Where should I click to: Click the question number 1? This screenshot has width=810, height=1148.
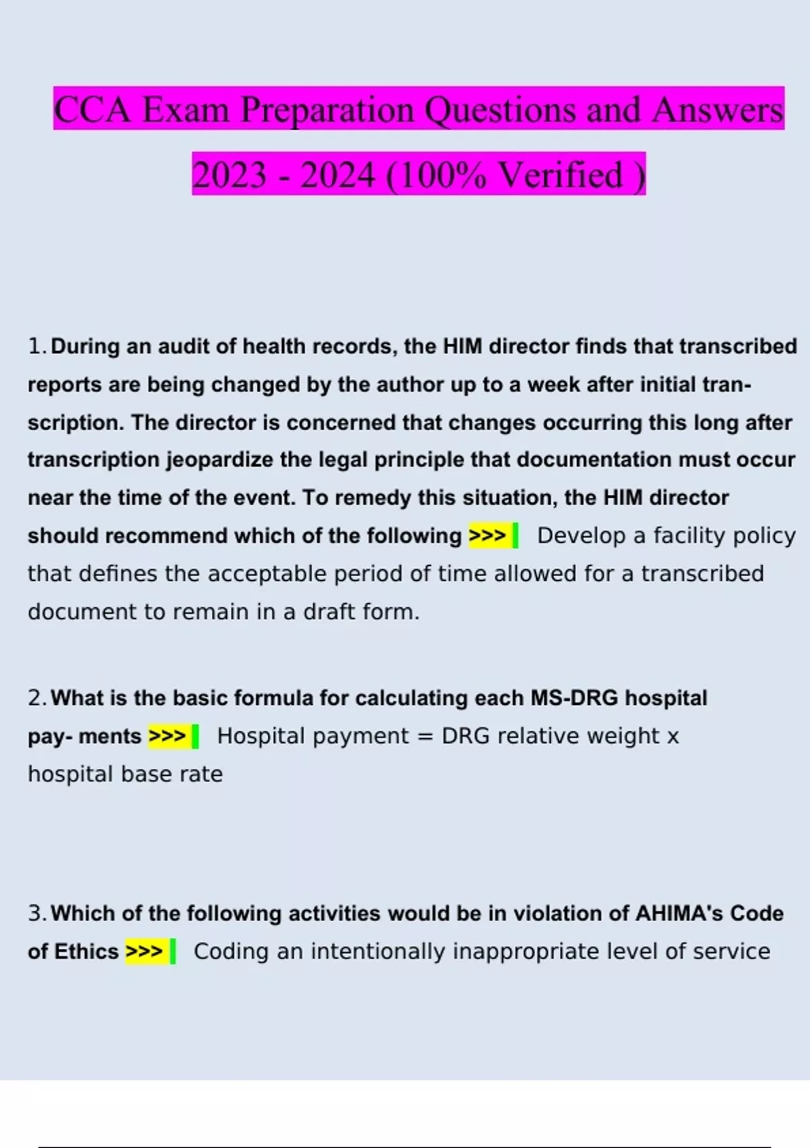35,346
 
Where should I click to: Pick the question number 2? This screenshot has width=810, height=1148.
36,698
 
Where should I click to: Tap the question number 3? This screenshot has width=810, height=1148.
36,914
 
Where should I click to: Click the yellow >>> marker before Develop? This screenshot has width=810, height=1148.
487,536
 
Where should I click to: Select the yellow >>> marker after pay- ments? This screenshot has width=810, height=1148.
167,736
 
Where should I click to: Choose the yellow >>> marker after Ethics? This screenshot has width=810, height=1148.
144,951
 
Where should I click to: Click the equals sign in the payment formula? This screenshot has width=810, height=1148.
425,736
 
